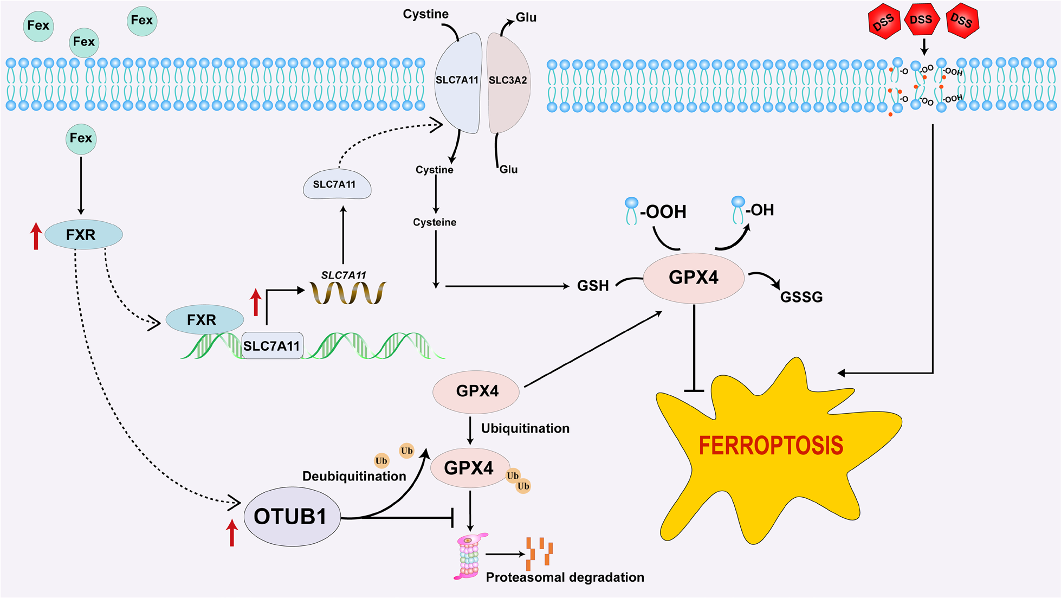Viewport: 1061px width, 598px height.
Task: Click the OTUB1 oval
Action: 292,516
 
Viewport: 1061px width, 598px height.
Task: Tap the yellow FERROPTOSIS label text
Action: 771,446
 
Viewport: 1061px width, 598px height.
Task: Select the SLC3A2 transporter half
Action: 508,81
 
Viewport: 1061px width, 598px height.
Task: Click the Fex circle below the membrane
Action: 81,138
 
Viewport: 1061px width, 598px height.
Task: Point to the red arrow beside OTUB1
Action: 232,532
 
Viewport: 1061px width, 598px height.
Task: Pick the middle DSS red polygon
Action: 921,21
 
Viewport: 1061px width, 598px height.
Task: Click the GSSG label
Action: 801,297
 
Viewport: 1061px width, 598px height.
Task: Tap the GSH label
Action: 593,286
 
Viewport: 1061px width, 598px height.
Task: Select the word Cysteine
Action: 435,222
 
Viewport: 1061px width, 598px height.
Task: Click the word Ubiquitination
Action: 525,428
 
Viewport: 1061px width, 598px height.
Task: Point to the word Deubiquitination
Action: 354,476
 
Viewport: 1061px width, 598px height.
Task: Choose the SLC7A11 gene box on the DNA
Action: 271,346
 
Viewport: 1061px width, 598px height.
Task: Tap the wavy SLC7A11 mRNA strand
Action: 348,293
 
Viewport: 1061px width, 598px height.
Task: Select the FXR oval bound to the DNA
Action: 204,319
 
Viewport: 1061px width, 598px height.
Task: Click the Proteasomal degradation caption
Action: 565,577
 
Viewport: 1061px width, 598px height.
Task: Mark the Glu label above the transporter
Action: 526,17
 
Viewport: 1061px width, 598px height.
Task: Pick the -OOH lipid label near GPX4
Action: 662,211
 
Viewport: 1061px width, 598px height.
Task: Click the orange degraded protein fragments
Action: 540,553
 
